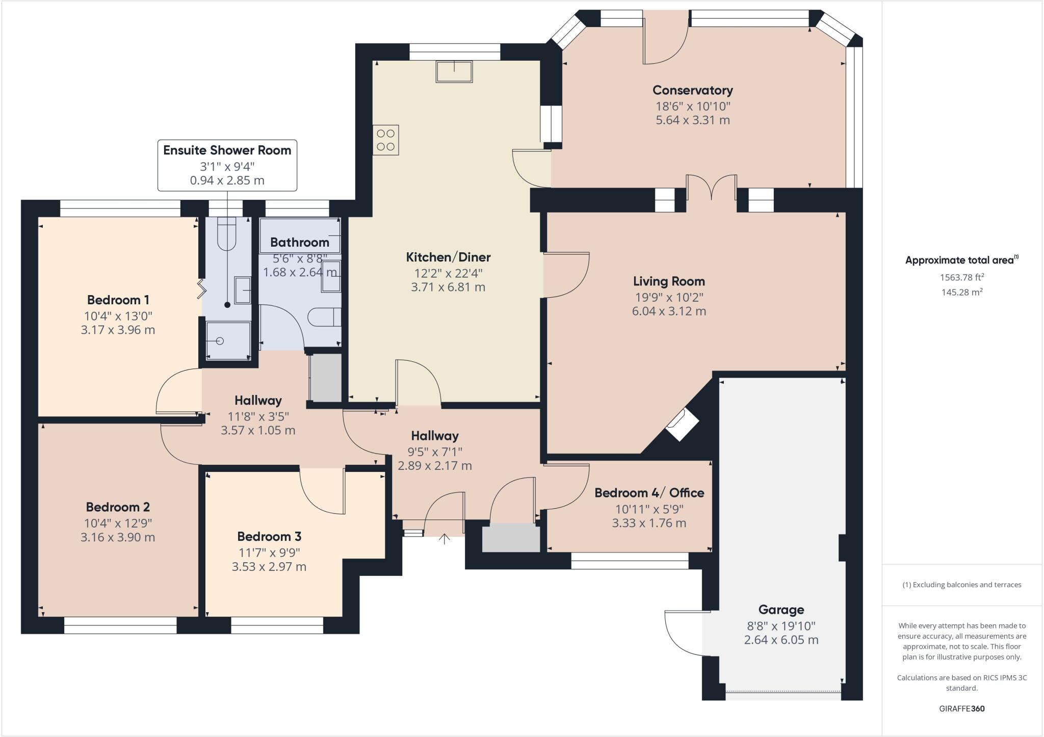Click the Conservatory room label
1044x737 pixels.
click(x=692, y=90)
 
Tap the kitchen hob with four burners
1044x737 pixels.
click(x=385, y=140)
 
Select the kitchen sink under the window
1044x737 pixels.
click(x=454, y=71)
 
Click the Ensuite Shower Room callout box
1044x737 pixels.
click(x=227, y=165)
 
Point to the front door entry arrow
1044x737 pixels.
click(x=445, y=539)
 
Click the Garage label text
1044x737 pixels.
click(x=781, y=610)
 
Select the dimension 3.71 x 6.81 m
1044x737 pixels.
click(x=448, y=287)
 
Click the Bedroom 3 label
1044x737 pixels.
click(x=269, y=536)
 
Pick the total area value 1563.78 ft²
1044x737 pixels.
click(x=961, y=277)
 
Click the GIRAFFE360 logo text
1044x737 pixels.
click(x=961, y=708)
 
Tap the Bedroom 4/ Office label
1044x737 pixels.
click(x=649, y=493)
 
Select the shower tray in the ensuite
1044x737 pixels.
click(x=228, y=340)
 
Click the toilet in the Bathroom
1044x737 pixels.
click(x=325, y=317)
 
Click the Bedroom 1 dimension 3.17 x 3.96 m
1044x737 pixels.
click(x=118, y=330)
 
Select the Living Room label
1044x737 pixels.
click(x=669, y=281)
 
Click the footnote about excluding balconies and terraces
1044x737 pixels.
click(x=961, y=585)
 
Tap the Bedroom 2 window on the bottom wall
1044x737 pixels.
click(x=120, y=626)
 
